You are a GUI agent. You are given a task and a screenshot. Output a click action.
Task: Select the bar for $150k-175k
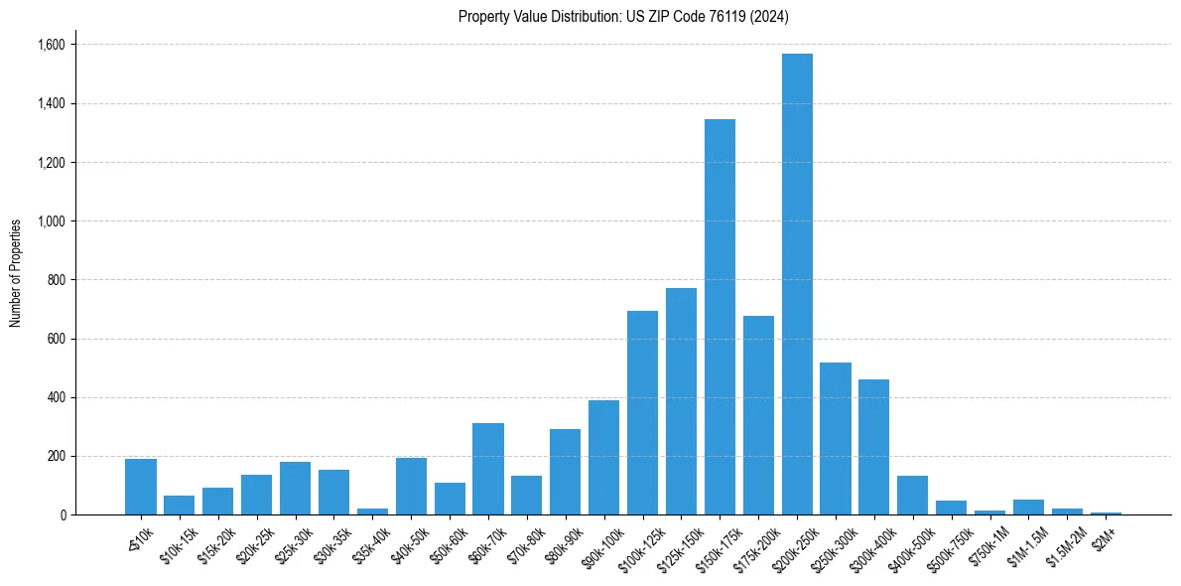point(720,317)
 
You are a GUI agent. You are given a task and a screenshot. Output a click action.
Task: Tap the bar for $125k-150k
point(681,401)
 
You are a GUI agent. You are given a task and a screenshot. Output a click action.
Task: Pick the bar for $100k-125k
point(642,413)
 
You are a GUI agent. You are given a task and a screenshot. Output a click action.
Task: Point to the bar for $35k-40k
point(372,511)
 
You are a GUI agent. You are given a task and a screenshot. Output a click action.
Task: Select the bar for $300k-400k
point(873,447)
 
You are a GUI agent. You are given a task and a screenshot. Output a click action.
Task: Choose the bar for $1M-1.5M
point(1028,508)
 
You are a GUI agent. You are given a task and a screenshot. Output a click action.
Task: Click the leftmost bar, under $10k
point(141,487)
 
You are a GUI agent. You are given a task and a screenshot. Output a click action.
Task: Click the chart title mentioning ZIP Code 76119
point(623,16)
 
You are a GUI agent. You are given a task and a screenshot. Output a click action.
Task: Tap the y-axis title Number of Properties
point(16,272)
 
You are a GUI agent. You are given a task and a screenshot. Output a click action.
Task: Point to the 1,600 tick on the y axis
point(51,45)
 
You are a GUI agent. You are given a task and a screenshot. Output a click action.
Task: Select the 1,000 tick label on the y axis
point(51,220)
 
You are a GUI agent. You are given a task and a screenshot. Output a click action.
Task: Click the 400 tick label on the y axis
point(57,397)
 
